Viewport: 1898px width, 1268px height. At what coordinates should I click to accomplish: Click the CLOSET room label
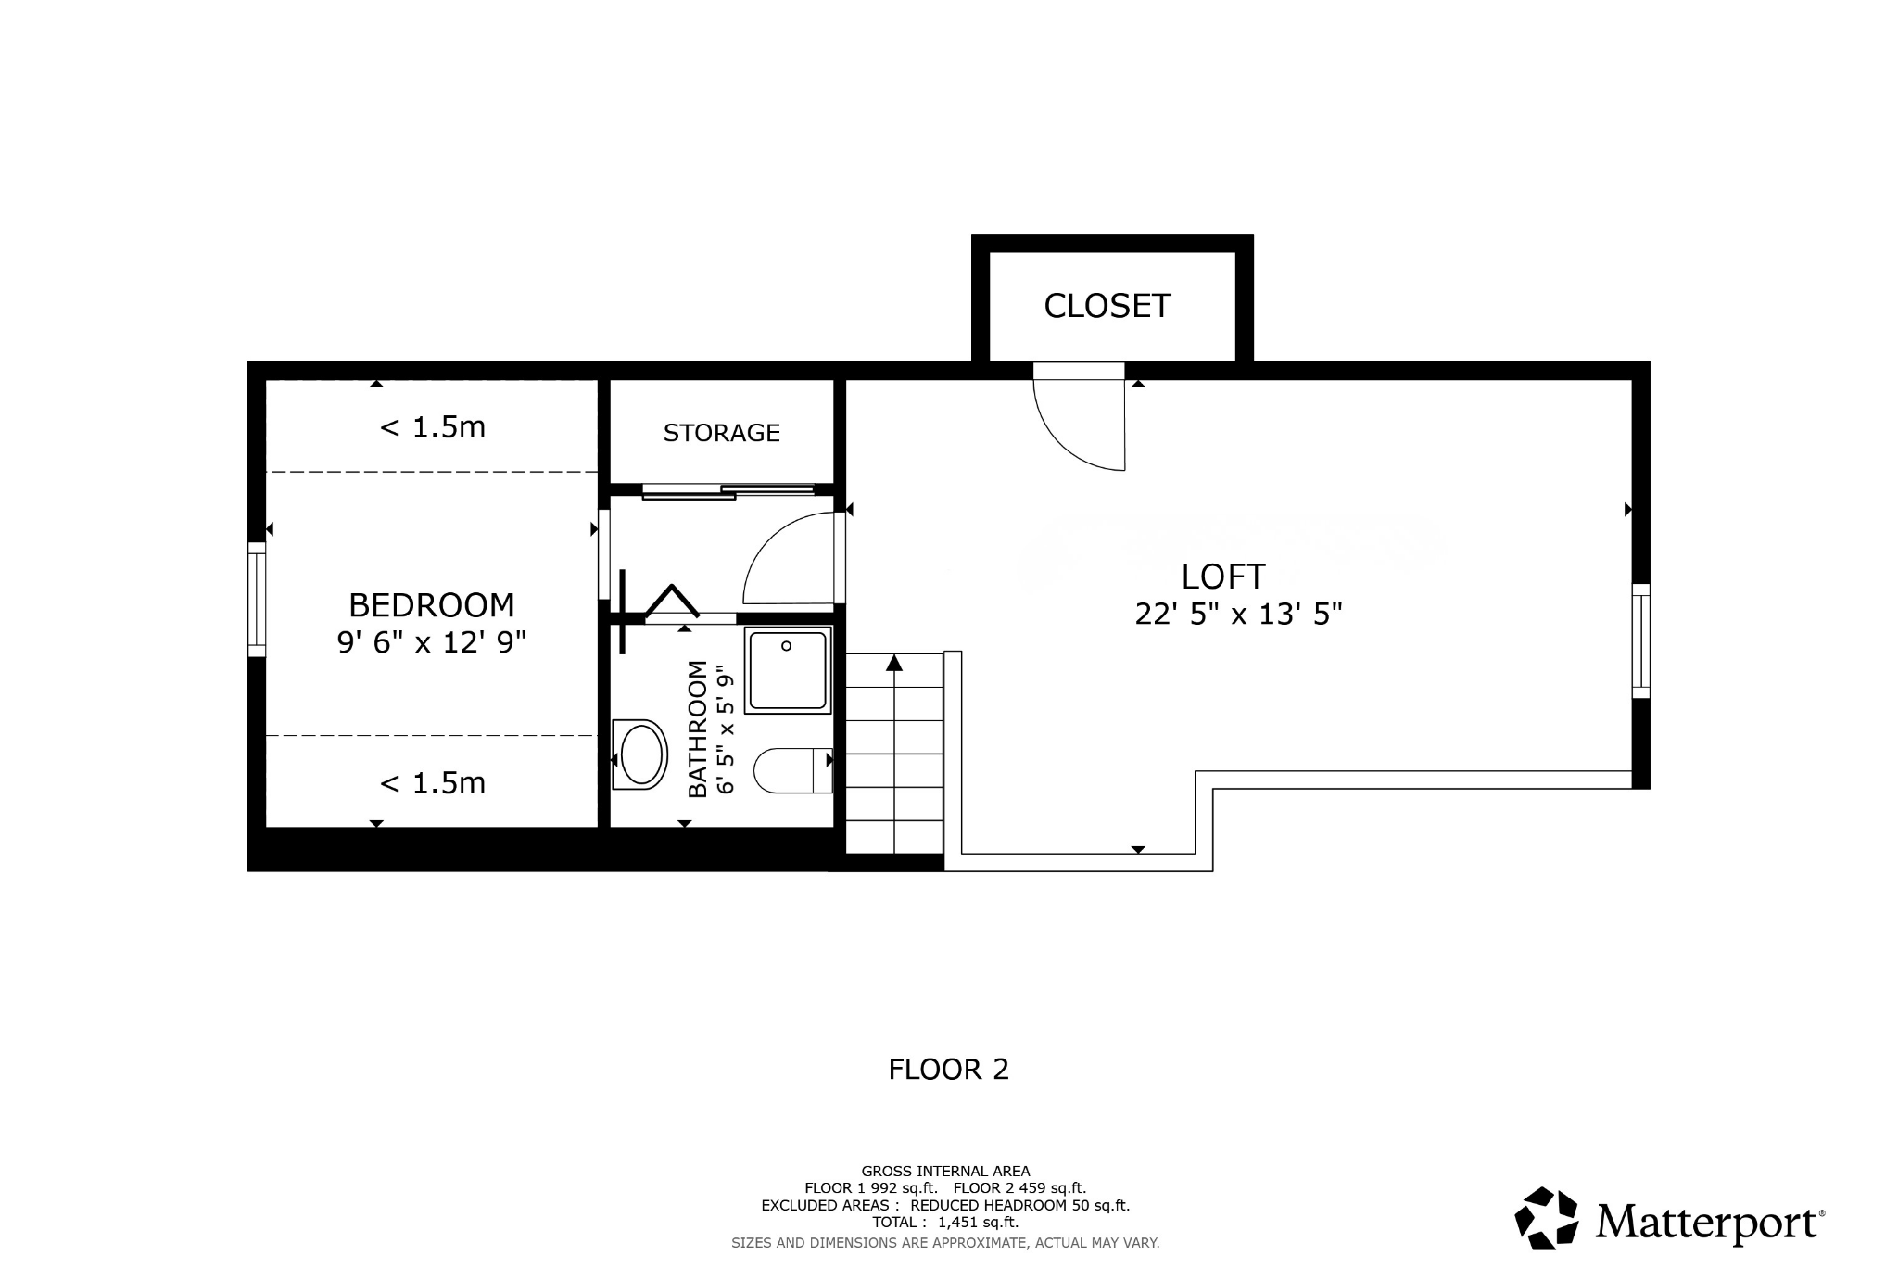point(1107,306)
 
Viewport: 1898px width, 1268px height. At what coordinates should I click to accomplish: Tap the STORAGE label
point(721,433)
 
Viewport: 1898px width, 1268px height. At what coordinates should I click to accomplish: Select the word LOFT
point(1222,577)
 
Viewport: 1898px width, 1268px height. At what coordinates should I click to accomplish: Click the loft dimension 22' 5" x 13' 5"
point(1238,614)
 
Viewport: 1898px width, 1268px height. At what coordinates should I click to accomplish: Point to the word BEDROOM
point(431,605)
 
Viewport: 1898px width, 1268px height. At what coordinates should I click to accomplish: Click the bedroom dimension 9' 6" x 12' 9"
point(431,641)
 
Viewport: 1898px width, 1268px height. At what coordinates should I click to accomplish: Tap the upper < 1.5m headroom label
point(432,427)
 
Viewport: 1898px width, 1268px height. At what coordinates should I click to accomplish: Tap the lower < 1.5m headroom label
point(432,783)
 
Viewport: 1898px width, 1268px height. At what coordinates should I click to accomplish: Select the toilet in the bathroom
point(791,770)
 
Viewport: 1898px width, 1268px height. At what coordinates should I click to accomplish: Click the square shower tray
point(787,670)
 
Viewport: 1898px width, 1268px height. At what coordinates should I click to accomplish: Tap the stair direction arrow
point(893,664)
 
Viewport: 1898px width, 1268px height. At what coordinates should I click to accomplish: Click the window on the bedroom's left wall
point(257,599)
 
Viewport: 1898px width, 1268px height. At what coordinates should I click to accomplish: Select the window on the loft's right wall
point(1640,640)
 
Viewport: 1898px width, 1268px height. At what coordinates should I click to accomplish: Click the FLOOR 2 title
point(948,1070)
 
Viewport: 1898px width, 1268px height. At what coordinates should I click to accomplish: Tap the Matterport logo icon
point(1545,1218)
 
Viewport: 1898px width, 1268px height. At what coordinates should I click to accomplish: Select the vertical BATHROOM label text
point(698,728)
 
